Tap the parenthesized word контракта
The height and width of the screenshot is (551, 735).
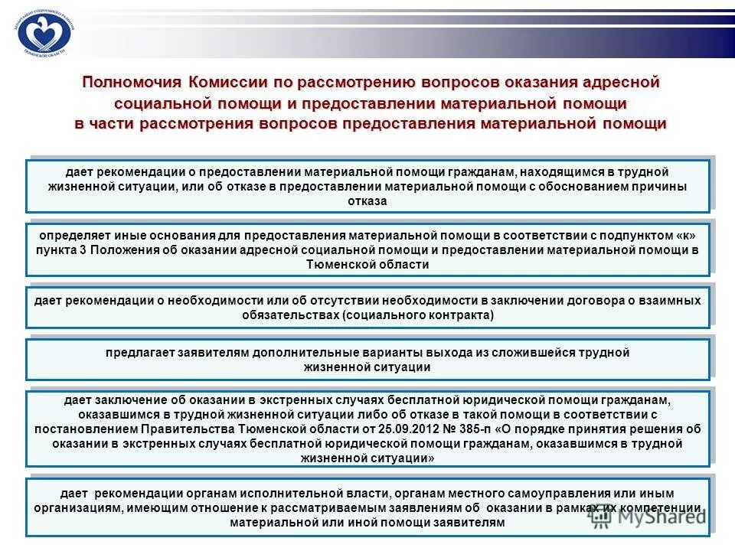point(455,315)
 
